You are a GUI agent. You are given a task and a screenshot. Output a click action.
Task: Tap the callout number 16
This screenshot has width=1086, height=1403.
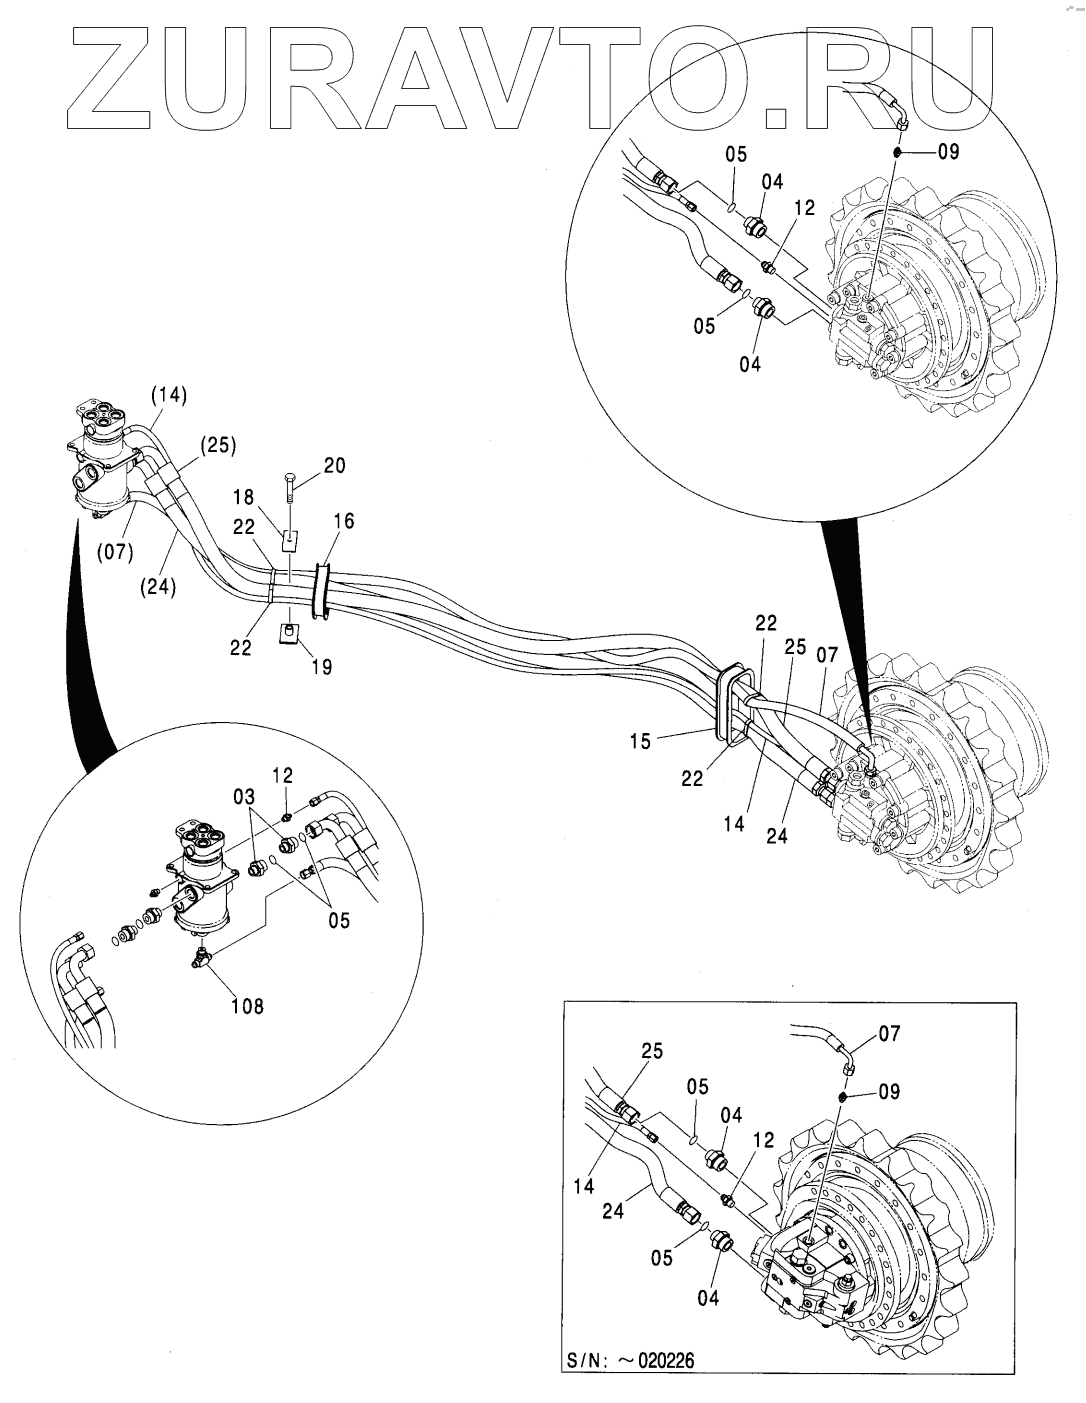point(344,521)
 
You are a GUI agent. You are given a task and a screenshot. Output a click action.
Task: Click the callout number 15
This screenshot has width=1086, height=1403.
point(640,741)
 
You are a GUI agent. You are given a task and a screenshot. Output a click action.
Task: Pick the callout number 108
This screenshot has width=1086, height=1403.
point(247,1007)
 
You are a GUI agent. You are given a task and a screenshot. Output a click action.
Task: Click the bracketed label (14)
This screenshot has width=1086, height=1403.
point(170,396)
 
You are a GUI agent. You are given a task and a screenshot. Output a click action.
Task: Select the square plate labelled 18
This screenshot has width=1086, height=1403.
point(288,541)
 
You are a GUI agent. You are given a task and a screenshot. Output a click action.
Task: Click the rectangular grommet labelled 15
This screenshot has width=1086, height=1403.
point(731,705)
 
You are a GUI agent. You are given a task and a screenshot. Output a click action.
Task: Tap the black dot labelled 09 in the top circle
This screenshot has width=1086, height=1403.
point(898,152)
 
